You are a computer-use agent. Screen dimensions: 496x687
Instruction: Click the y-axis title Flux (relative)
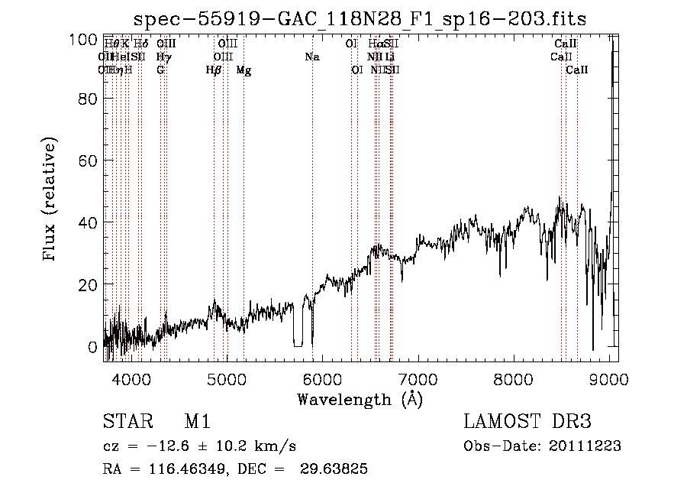coord(51,200)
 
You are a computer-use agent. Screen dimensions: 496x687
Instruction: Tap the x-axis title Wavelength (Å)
coord(360,399)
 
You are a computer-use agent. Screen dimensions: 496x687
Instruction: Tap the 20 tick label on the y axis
coord(87,285)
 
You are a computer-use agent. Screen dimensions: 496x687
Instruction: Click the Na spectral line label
coord(311,57)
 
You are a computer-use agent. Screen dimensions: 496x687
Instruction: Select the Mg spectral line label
coord(244,70)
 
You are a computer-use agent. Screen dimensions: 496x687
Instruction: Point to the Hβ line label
coord(214,70)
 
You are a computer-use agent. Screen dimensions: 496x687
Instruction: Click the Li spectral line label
coord(390,57)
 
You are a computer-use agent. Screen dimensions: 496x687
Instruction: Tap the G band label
coord(160,70)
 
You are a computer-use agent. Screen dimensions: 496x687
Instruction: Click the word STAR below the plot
coord(127,423)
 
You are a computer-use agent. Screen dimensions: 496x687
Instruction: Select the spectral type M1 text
coord(198,423)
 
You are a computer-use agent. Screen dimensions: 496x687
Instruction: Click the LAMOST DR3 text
coord(527,423)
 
